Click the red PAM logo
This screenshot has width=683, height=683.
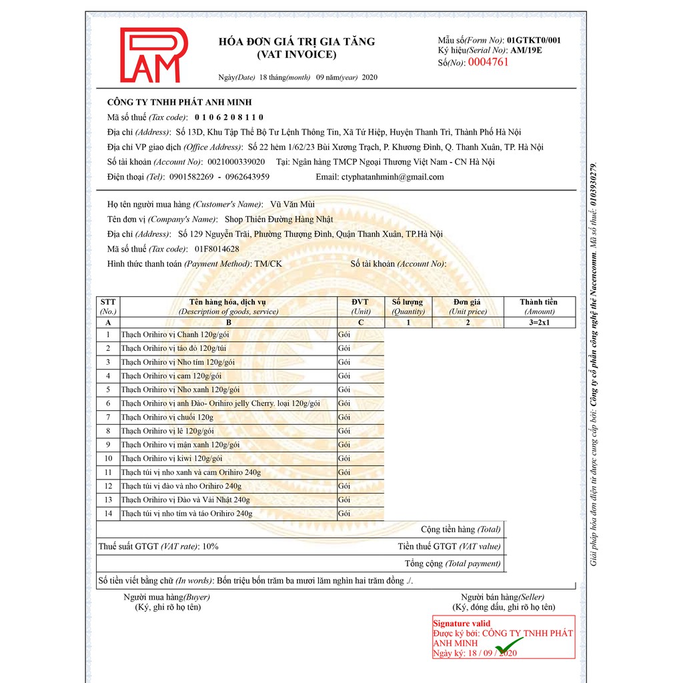click(153, 55)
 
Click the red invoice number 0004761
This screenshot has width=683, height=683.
click(488, 62)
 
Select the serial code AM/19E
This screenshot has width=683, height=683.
click(526, 50)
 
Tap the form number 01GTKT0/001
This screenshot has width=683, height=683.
click(534, 40)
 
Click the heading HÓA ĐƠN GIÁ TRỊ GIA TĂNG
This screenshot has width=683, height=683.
click(297, 41)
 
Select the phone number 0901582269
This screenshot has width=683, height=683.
click(191, 177)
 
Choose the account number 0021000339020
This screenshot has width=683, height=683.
click(235, 162)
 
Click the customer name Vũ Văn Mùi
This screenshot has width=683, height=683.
click(288, 204)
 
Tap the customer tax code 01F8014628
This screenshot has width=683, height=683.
click(217, 249)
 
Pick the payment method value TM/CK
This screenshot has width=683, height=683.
click(268, 263)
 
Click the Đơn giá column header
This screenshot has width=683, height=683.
click(468, 306)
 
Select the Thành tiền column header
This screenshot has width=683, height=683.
click(539, 306)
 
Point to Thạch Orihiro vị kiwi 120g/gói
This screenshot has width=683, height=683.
click(171, 458)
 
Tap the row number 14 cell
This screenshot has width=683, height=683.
click(108, 514)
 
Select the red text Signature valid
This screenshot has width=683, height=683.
click(462, 624)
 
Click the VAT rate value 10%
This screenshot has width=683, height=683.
click(210, 546)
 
